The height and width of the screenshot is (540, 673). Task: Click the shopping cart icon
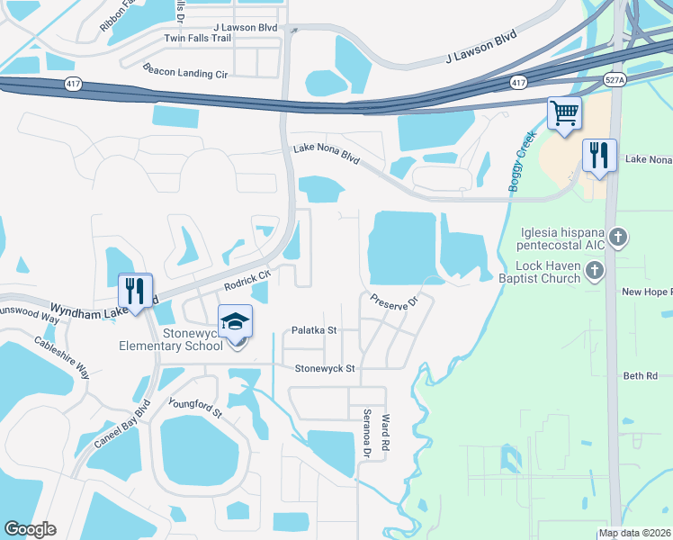click(564, 114)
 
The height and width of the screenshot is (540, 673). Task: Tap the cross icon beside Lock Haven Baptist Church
click(594, 271)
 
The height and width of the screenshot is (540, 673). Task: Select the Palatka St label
click(312, 330)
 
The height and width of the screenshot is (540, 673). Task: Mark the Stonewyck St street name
click(326, 368)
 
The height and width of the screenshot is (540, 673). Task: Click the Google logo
click(30, 529)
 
